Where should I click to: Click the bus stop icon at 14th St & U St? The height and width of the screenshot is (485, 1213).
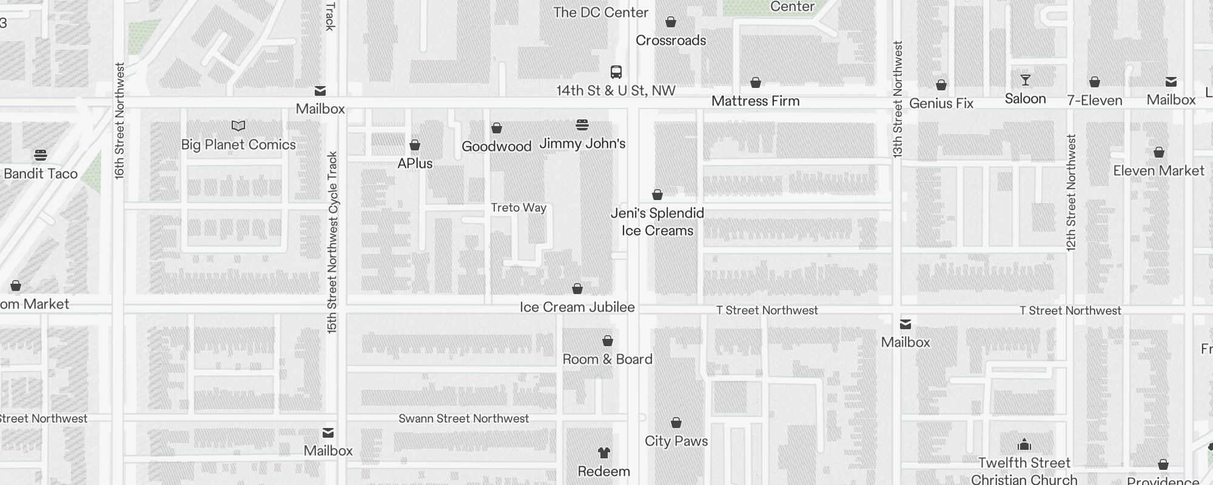[x=616, y=72]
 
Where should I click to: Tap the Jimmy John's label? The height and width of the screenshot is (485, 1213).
[x=582, y=144]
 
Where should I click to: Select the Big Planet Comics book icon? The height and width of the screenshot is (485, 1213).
[x=238, y=126]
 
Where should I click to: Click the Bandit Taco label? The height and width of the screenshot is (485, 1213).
[x=41, y=174]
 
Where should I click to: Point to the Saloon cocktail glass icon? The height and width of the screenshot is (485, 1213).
[x=1026, y=80]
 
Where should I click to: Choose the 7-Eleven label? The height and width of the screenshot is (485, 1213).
[x=1095, y=101]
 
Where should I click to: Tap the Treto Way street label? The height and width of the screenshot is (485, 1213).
[x=519, y=208]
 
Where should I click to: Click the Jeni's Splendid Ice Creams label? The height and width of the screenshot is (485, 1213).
[x=657, y=222]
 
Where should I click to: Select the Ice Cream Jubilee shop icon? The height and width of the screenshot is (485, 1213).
[x=577, y=289]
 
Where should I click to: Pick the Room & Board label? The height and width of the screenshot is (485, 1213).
[x=608, y=360]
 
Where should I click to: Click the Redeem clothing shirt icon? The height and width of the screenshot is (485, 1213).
[x=603, y=453]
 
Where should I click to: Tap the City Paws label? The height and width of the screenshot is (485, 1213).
[x=676, y=441]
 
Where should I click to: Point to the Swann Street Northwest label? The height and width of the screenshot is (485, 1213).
[x=464, y=419]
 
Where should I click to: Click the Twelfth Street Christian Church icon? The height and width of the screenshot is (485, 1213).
[x=1024, y=445]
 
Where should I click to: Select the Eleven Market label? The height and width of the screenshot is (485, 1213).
[x=1158, y=171]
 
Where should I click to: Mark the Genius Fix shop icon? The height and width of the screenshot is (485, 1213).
[x=941, y=85]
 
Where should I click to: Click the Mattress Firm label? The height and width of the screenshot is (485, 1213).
[x=756, y=101]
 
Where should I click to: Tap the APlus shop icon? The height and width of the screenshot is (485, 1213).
[x=415, y=145]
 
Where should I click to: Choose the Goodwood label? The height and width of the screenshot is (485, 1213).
[x=497, y=147]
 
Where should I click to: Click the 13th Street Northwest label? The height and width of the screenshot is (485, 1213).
[x=898, y=100]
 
